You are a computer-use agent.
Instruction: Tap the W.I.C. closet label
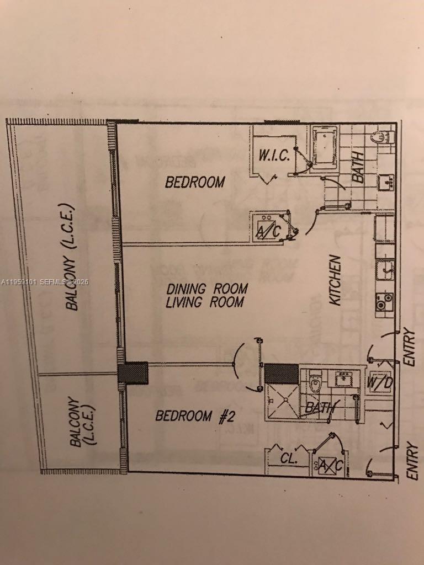coord(274,155)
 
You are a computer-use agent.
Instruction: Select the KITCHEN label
coord(336,280)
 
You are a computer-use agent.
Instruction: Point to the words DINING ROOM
coord(207,289)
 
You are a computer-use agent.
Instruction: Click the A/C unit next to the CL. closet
coord(330,466)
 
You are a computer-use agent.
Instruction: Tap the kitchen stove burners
coord(384,301)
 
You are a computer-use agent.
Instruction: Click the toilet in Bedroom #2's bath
coord(315,381)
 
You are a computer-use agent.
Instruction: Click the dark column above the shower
coord(280,373)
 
